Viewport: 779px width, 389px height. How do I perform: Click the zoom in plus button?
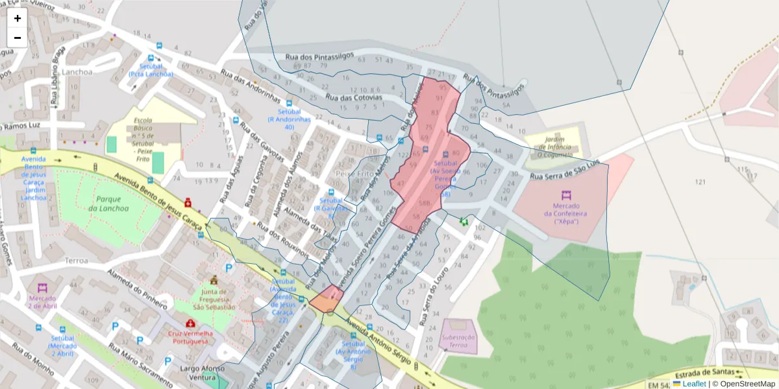click(18, 18)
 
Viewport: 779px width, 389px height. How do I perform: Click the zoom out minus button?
click(18, 38)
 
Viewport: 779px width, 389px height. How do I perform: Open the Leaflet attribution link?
click(694, 384)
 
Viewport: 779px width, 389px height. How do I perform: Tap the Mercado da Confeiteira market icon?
click(565, 194)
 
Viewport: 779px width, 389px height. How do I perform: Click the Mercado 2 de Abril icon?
click(42, 287)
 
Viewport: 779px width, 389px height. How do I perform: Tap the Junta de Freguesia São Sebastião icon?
click(214, 280)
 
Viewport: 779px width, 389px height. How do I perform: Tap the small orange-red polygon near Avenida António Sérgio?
click(326, 300)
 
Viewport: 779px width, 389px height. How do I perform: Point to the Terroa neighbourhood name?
click(76, 260)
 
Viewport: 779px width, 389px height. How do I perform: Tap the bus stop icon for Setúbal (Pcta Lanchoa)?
click(160, 47)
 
